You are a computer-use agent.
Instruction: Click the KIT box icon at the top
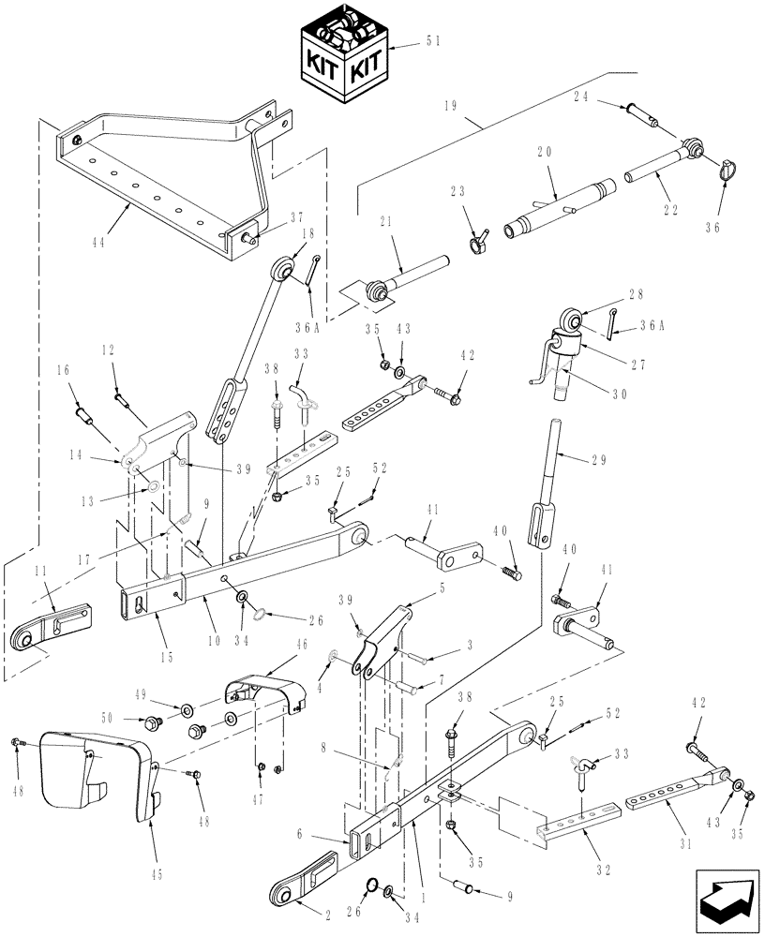click(341, 55)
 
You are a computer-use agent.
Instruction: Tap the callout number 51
click(434, 40)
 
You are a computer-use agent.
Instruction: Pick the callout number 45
click(157, 874)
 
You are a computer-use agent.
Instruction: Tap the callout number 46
click(277, 646)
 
